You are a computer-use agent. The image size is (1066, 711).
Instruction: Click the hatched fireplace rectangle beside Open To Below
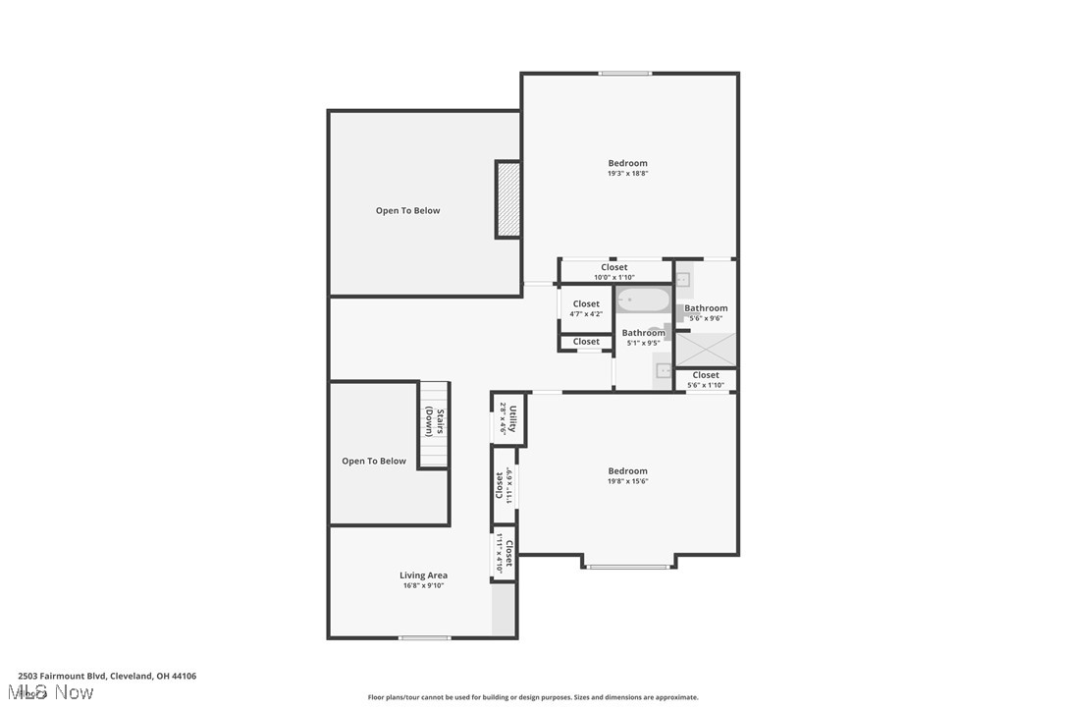[x=507, y=199]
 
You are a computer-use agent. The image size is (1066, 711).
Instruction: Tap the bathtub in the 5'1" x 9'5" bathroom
[x=644, y=300]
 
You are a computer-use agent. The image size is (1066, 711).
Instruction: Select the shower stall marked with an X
[x=706, y=350]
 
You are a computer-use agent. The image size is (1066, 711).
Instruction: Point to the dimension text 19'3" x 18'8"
[x=627, y=174]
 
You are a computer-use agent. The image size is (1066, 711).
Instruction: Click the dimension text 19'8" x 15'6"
[x=627, y=481]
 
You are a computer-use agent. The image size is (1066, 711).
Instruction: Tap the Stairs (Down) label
[x=435, y=422]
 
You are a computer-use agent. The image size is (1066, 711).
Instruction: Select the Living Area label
[x=423, y=575]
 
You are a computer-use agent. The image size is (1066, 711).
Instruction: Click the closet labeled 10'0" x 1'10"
[x=614, y=271]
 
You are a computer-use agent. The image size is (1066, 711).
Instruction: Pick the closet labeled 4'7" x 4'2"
[x=586, y=308]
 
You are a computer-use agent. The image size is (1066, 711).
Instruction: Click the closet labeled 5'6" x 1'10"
[x=705, y=379]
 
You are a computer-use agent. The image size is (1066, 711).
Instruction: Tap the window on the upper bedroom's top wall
[x=625, y=74]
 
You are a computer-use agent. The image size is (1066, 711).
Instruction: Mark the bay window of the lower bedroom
[x=628, y=567]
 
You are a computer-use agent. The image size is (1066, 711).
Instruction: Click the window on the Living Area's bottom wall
[x=425, y=638]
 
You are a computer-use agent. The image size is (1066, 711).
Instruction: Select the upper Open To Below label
[x=407, y=210]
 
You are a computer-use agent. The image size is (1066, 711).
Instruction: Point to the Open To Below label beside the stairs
[x=373, y=461]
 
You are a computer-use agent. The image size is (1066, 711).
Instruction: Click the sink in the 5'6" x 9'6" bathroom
[x=684, y=280]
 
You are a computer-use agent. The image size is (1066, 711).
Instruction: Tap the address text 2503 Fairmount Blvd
[x=107, y=676]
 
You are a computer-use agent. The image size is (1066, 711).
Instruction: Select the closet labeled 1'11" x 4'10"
[x=504, y=553]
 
